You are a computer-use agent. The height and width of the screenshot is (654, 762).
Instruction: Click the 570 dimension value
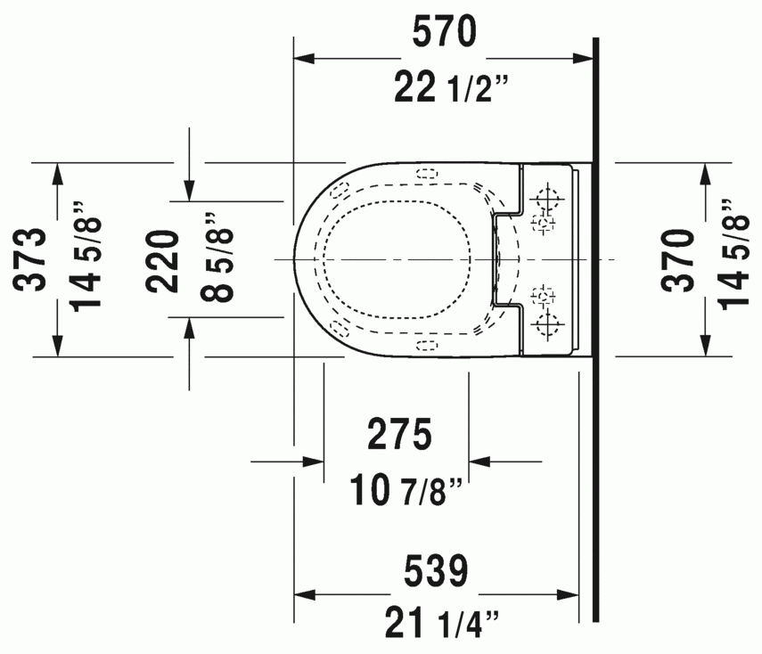tap(444, 31)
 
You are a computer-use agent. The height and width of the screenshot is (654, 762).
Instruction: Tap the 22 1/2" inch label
tap(451, 86)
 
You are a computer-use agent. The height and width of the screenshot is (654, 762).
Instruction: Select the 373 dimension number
tap(31, 259)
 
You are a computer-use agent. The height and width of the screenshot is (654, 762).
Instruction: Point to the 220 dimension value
tap(163, 261)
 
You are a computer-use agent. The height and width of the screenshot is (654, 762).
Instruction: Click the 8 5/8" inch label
tap(217, 257)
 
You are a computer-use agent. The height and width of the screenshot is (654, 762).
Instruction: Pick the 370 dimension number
tap(678, 260)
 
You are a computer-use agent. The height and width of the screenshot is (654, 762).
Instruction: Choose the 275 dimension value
tap(399, 434)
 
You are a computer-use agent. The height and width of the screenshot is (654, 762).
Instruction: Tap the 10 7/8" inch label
tap(406, 490)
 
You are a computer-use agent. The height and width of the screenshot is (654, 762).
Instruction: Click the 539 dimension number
tap(436, 571)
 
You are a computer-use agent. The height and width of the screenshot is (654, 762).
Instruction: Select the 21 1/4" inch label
tap(442, 624)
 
